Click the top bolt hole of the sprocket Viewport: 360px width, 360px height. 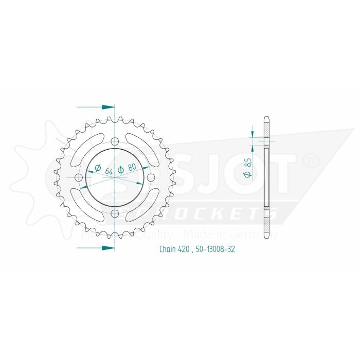coord(114,141)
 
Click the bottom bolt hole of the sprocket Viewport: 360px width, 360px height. coord(114,213)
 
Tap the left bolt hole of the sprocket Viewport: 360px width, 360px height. coord(78,177)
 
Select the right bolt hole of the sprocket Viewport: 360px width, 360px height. coord(150,177)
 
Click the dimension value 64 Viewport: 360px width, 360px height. coord(108,171)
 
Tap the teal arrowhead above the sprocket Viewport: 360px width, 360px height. coord(107,107)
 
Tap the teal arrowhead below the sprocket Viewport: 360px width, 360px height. coord(107,247)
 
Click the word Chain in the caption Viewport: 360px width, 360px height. coord(167,250)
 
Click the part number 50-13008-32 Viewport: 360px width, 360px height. coord(215,250)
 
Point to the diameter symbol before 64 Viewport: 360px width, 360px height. coord(97,168)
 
